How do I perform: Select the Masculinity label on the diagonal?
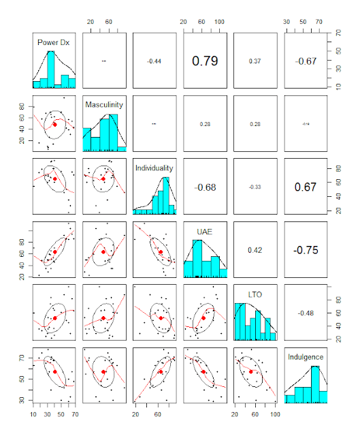click(103, 105)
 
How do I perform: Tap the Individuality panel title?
click(154, 168)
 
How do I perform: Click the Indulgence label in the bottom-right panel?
click(305, 356)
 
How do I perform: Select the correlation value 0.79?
click(204, 61)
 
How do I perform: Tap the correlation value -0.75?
click(305, 249)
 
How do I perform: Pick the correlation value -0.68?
click(204, 187)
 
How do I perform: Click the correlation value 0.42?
click(255, 249)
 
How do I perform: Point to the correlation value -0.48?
click(305, 313)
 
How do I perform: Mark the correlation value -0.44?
click(154, 61)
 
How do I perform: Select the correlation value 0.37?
click(255, 61)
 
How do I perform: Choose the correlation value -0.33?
click(255, 187)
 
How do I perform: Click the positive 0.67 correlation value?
click(305, 187)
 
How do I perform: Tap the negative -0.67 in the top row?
click(305, 61)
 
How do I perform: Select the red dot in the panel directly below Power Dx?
click(54, 124)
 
